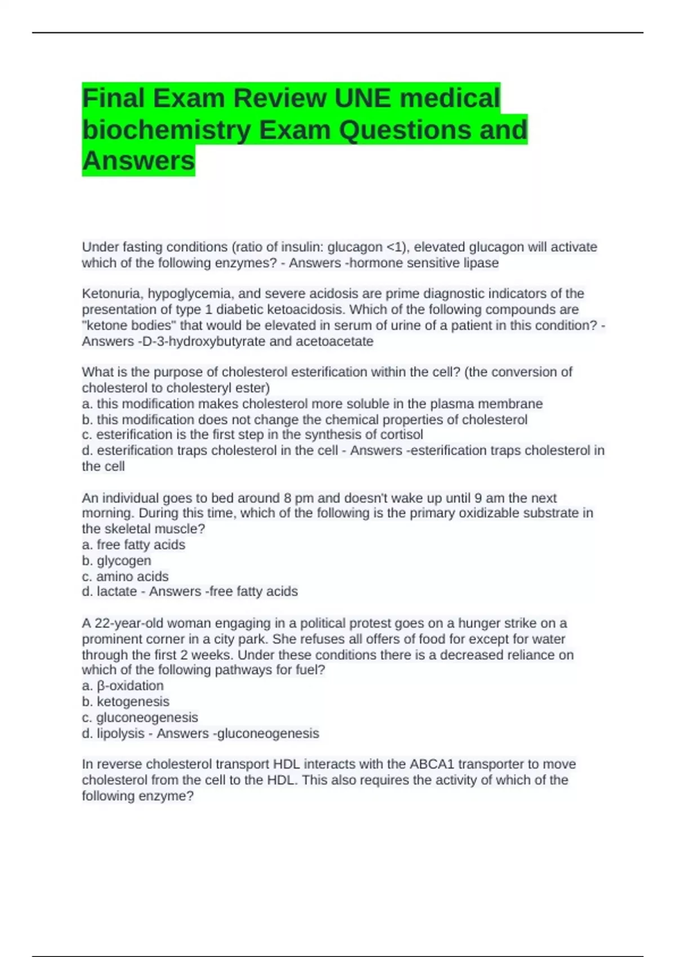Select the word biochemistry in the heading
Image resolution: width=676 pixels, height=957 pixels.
tap(167, 130)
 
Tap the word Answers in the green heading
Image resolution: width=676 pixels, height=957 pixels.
tap(139, 161)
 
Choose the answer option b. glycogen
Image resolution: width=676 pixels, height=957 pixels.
tap(117, 561)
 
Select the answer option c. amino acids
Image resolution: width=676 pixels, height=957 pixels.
tap(125, 576)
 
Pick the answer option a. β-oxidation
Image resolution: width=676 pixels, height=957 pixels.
tap(123, 686)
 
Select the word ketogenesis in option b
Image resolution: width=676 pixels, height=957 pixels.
tap(133, 701)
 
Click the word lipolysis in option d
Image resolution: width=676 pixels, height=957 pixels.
tap(121, 734)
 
